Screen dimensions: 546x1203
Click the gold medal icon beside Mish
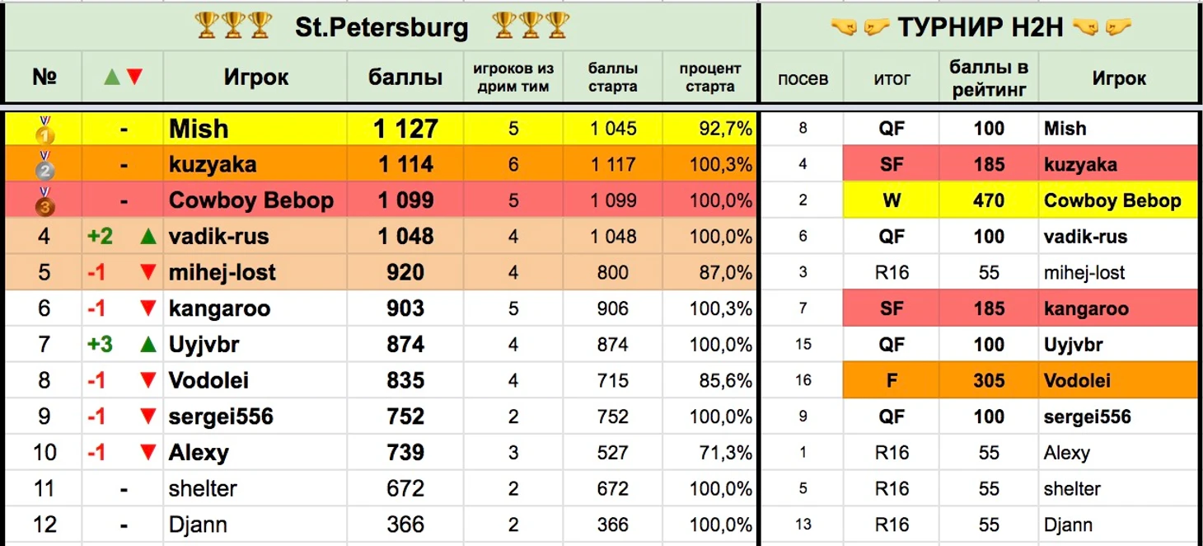(x=44, y=129)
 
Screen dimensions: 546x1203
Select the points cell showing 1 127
(x=405, y=129)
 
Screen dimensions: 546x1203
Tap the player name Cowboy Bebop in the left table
(x=250, y=200)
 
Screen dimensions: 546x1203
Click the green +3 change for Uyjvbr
(x=100, y=345)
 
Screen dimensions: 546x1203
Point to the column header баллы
(x=405, y=78)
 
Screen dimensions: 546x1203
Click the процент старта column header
(x=709, y=78)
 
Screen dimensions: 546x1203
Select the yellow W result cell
(x=892, y=200)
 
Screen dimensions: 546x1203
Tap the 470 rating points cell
(x=989, y=200)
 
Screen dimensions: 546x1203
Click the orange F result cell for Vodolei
(x=892, y=380)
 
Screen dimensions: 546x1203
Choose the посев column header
(x=803, y=79)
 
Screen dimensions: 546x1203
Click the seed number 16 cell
(x=803, y=380)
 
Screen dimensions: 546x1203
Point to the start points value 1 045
(x=612, y=129)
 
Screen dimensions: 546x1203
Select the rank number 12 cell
(x=44, y=525)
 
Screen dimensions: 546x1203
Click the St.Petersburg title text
(x=381, y=27)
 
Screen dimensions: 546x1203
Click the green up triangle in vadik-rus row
(x=148, y=237)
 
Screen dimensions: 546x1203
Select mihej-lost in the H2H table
(x=1084, y=273)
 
